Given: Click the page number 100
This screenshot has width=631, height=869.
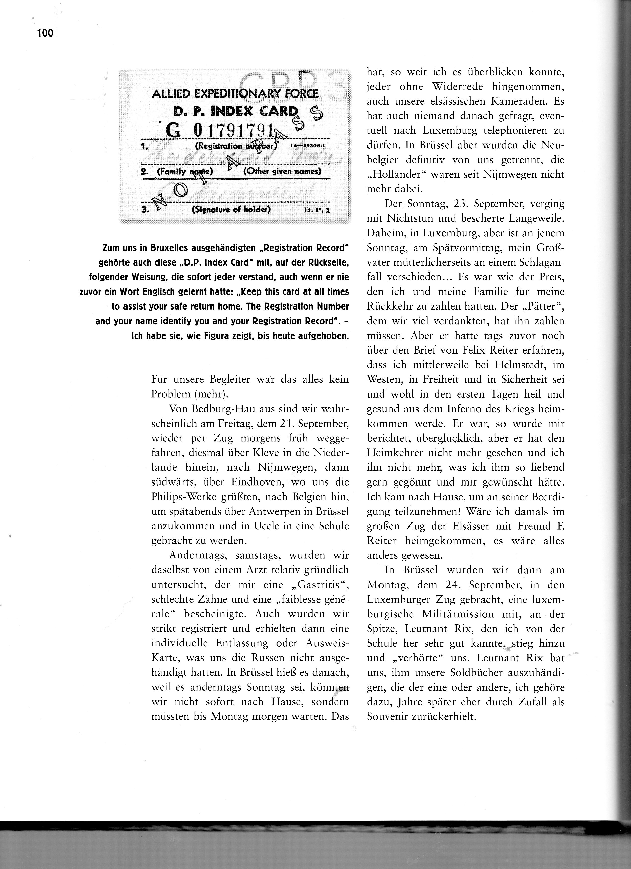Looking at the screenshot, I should click(45, 33).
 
